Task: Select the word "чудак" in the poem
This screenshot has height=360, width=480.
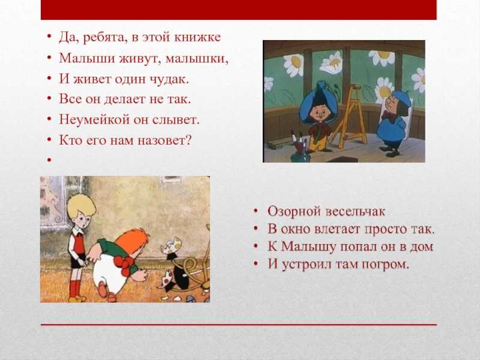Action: [169, 79]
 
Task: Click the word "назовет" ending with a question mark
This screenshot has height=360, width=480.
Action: [164, 140]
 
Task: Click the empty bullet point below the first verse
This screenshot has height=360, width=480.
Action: [49, 160]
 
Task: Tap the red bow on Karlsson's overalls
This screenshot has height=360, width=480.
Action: [125, 265]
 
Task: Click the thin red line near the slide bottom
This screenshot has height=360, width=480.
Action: [239, 325]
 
